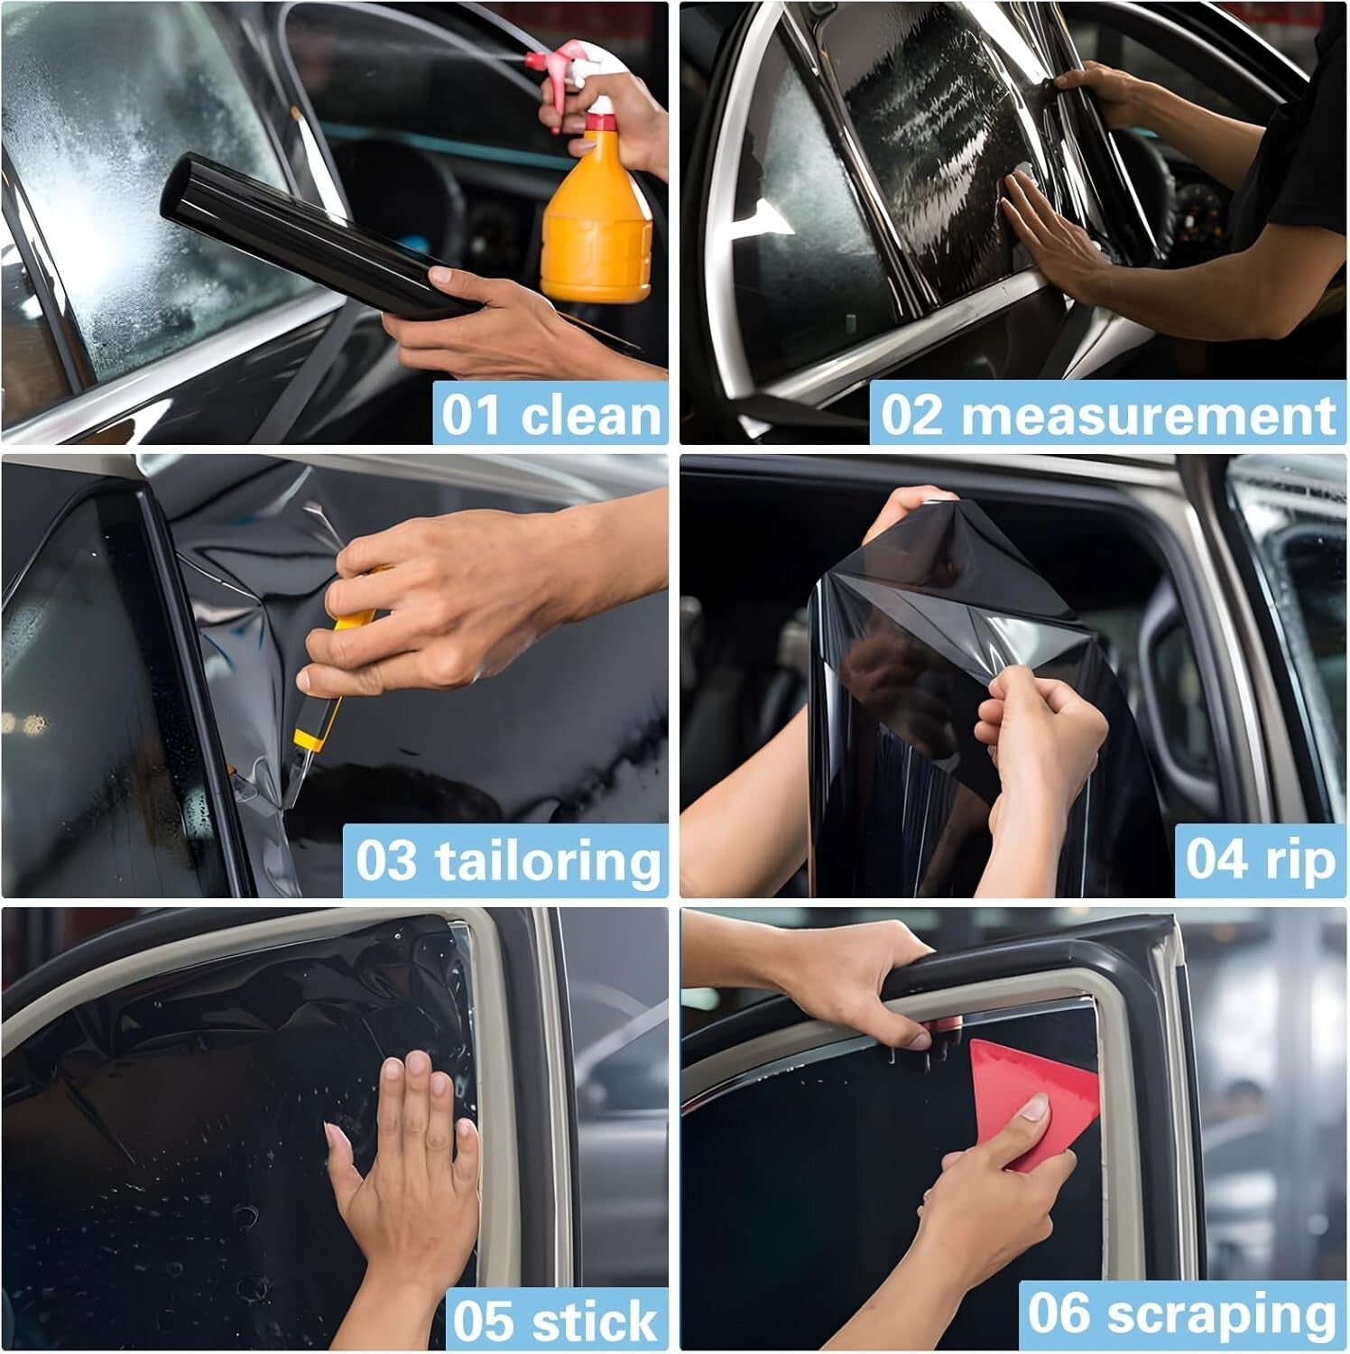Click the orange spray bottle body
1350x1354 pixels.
coord(596,226)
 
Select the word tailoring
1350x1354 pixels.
coord(549,860)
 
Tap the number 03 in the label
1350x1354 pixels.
coord(386,860)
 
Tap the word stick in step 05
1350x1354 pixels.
coord(595,1321)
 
